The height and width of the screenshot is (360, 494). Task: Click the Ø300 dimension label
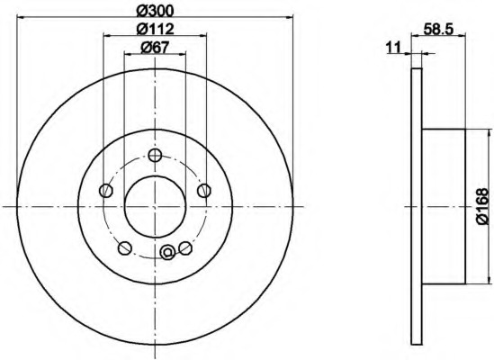(x=155, y=12)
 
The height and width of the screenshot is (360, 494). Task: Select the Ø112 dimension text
(x=155, y=30)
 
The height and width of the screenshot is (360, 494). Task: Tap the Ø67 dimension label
(x=155, y=48)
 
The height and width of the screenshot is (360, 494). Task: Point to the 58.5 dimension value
(x=438, y=30)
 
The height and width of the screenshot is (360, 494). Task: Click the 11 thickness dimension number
(x=393, y=48)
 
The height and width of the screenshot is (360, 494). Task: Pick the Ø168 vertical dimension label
(x=484, y=206)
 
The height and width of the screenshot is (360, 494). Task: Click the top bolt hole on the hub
(x=155, y=155)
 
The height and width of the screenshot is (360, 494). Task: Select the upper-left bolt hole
(x=106, y=191)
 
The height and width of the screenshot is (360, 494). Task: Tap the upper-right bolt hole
(x=204, y=191)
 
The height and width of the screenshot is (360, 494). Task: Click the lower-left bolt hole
(x=125, y=247)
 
